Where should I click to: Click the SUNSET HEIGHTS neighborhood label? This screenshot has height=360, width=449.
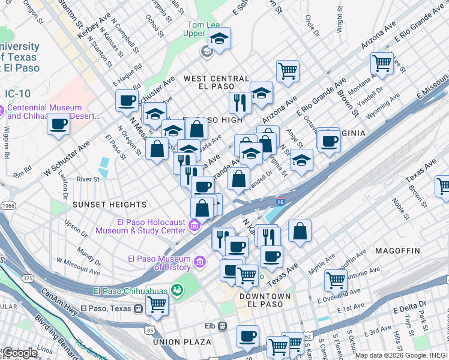(109, 205)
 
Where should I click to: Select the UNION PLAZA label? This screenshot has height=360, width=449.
(182, 342)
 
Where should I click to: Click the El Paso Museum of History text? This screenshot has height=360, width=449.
(159, 263)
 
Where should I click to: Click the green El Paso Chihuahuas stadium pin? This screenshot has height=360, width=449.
(176, 291)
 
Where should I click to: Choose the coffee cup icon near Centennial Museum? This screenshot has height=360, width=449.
(58, 124)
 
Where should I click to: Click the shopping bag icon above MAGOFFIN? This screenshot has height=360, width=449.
(300, 231)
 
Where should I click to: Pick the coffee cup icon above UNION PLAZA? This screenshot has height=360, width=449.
(247, 336)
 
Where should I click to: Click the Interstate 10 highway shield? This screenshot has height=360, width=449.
(280, 202)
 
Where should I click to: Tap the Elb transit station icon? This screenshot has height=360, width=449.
(223, 326)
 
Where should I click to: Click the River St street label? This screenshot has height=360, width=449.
(88, 179)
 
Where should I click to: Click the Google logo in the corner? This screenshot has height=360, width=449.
(20, 352)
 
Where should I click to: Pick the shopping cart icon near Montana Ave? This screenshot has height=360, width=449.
(382, 62)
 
